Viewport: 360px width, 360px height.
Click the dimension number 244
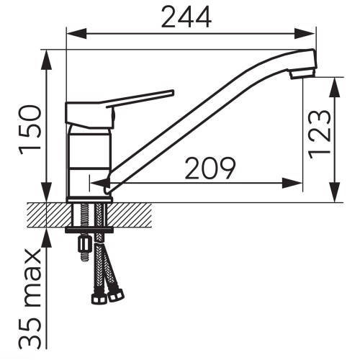[x=186, y=17]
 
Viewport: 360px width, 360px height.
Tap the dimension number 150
[x=30, y=130]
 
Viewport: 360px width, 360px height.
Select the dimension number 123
[x=320, y=134]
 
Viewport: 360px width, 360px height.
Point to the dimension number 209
[x=210, y=168]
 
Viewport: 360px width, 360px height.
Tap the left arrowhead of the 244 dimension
[x=76, y=33]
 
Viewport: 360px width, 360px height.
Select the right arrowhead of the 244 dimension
[x=305, y=33]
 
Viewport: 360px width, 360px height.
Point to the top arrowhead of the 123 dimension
[x=335, y=87]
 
